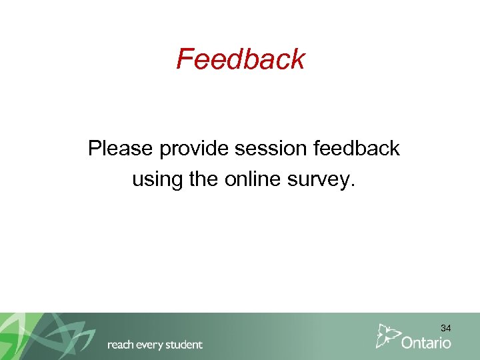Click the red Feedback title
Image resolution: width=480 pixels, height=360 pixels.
coord(240,59)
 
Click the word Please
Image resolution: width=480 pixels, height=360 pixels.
coord(121,148)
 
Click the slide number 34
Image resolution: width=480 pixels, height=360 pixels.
coord(445,328)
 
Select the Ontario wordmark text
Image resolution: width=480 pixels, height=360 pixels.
coord(427,343)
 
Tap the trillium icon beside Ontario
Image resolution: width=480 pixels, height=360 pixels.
coord(388,335)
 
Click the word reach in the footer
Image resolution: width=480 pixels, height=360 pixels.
coord(121,345)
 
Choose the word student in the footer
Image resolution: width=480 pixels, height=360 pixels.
coord(183,345)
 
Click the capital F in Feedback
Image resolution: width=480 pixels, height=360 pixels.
coord(184,59)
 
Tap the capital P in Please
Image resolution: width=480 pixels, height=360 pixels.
coord(94,148)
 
